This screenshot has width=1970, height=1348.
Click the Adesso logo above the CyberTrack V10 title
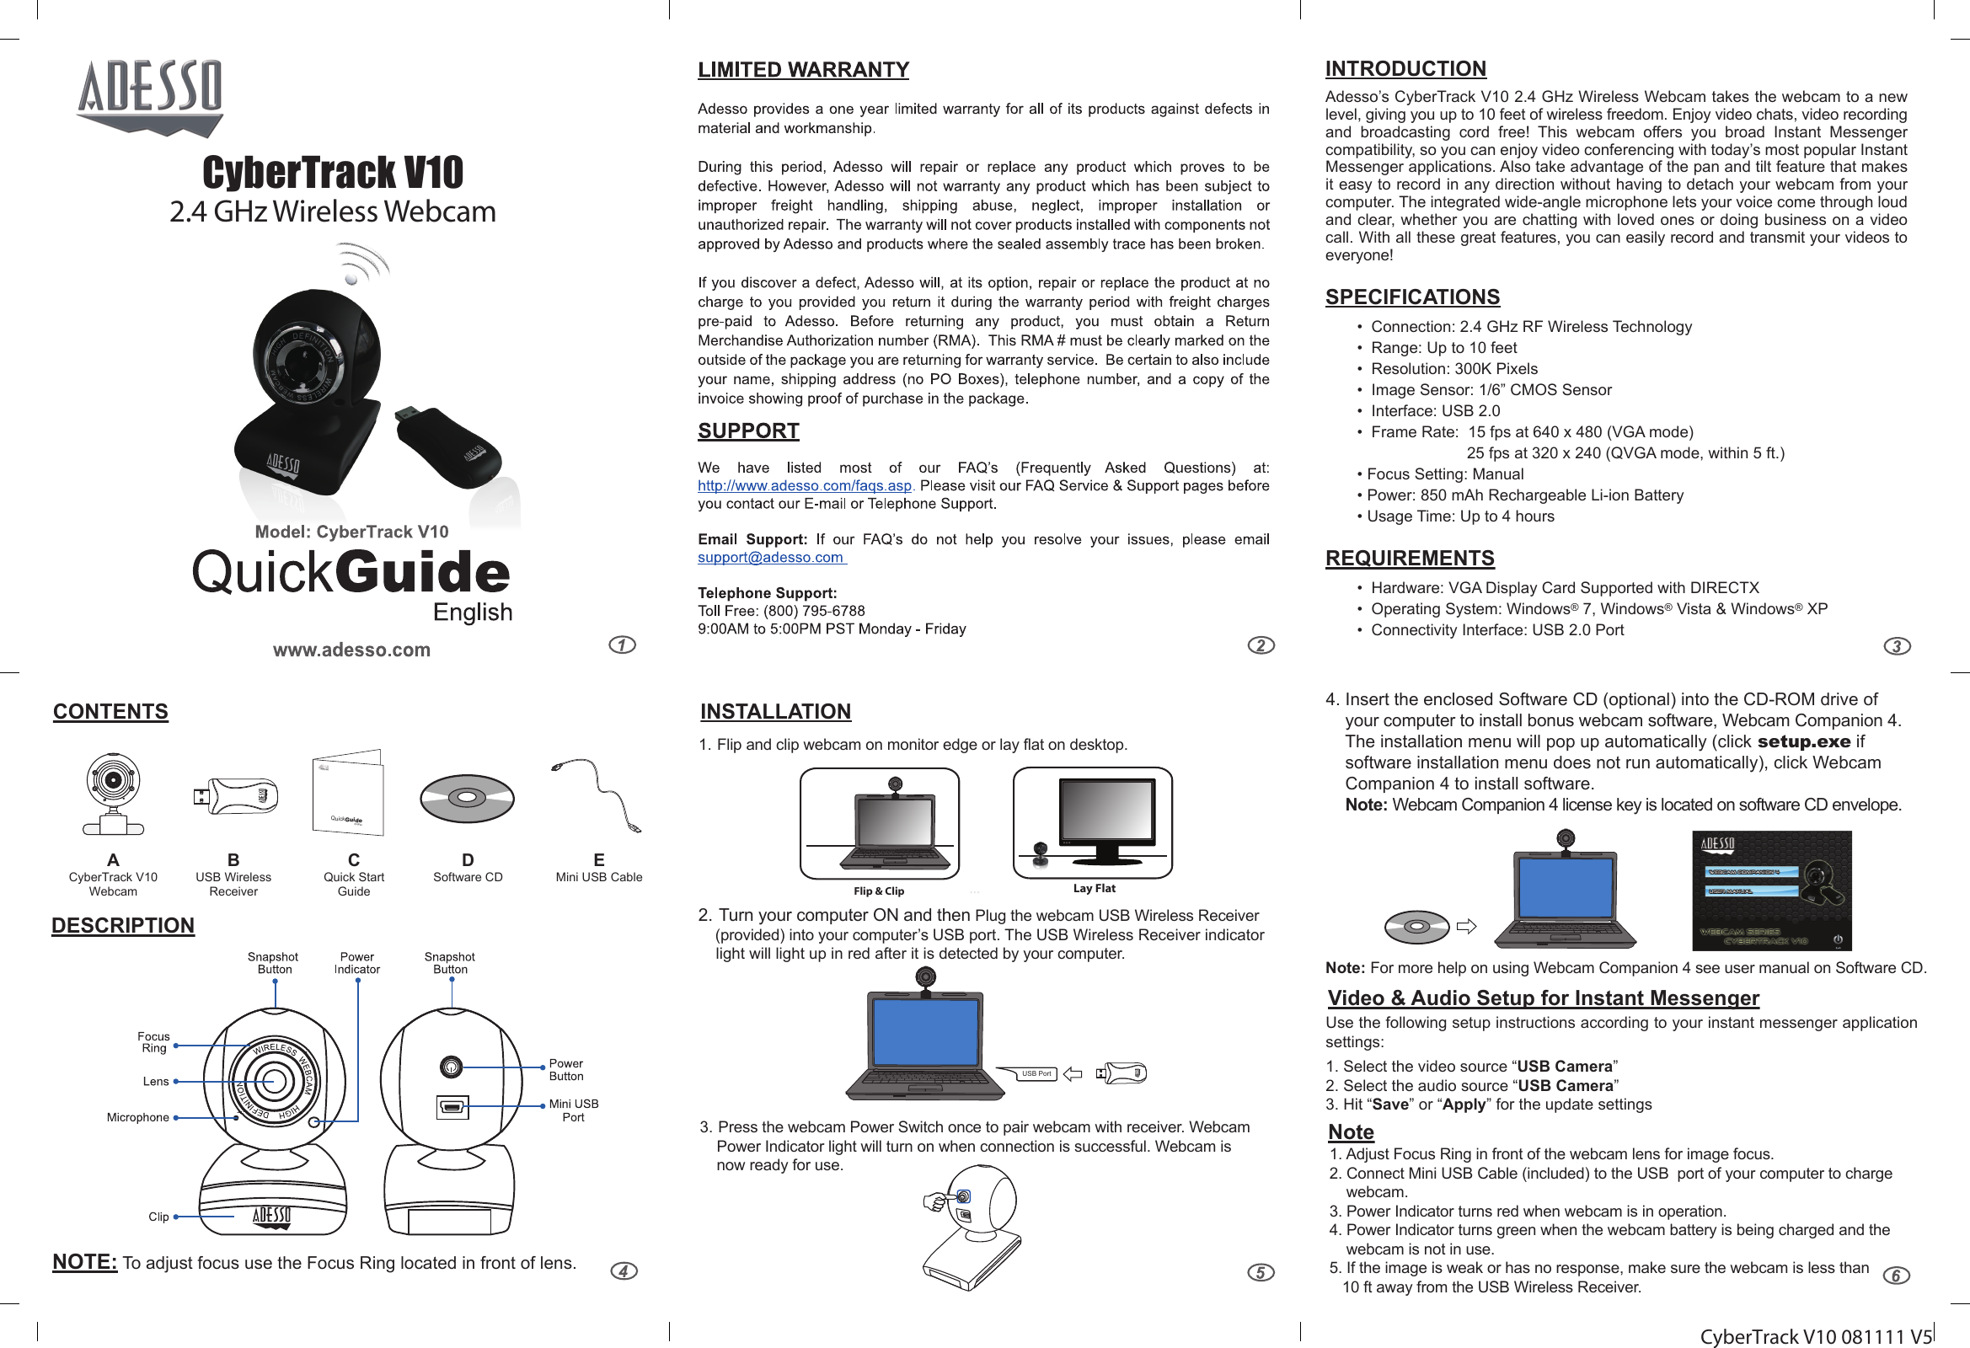(151, 97)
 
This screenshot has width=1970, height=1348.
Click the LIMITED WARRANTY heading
(803, 70)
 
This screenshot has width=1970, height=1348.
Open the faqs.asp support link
(804, 486)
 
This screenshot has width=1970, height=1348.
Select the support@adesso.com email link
(770, 557)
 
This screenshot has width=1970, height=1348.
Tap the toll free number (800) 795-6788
(814, 611)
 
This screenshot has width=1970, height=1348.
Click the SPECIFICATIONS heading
(1412, 297)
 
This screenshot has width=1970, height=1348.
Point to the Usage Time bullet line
(1455, 516)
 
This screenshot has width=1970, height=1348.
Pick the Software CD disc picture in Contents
(466, 799)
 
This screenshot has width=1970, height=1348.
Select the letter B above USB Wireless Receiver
(233, 859)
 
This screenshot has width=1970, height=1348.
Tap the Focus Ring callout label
(153, 1042)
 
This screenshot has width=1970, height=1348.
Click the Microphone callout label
(137, 1117)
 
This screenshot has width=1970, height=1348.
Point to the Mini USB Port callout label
(573, 1110)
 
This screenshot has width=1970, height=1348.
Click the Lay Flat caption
(1094, 889)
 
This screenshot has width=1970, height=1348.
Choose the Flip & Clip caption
(878, 891)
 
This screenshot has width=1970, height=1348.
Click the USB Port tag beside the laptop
(1036, 1073)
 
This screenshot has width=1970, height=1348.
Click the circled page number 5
(1261, 1271)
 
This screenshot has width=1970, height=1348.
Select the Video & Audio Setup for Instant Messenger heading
(1543, 998)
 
